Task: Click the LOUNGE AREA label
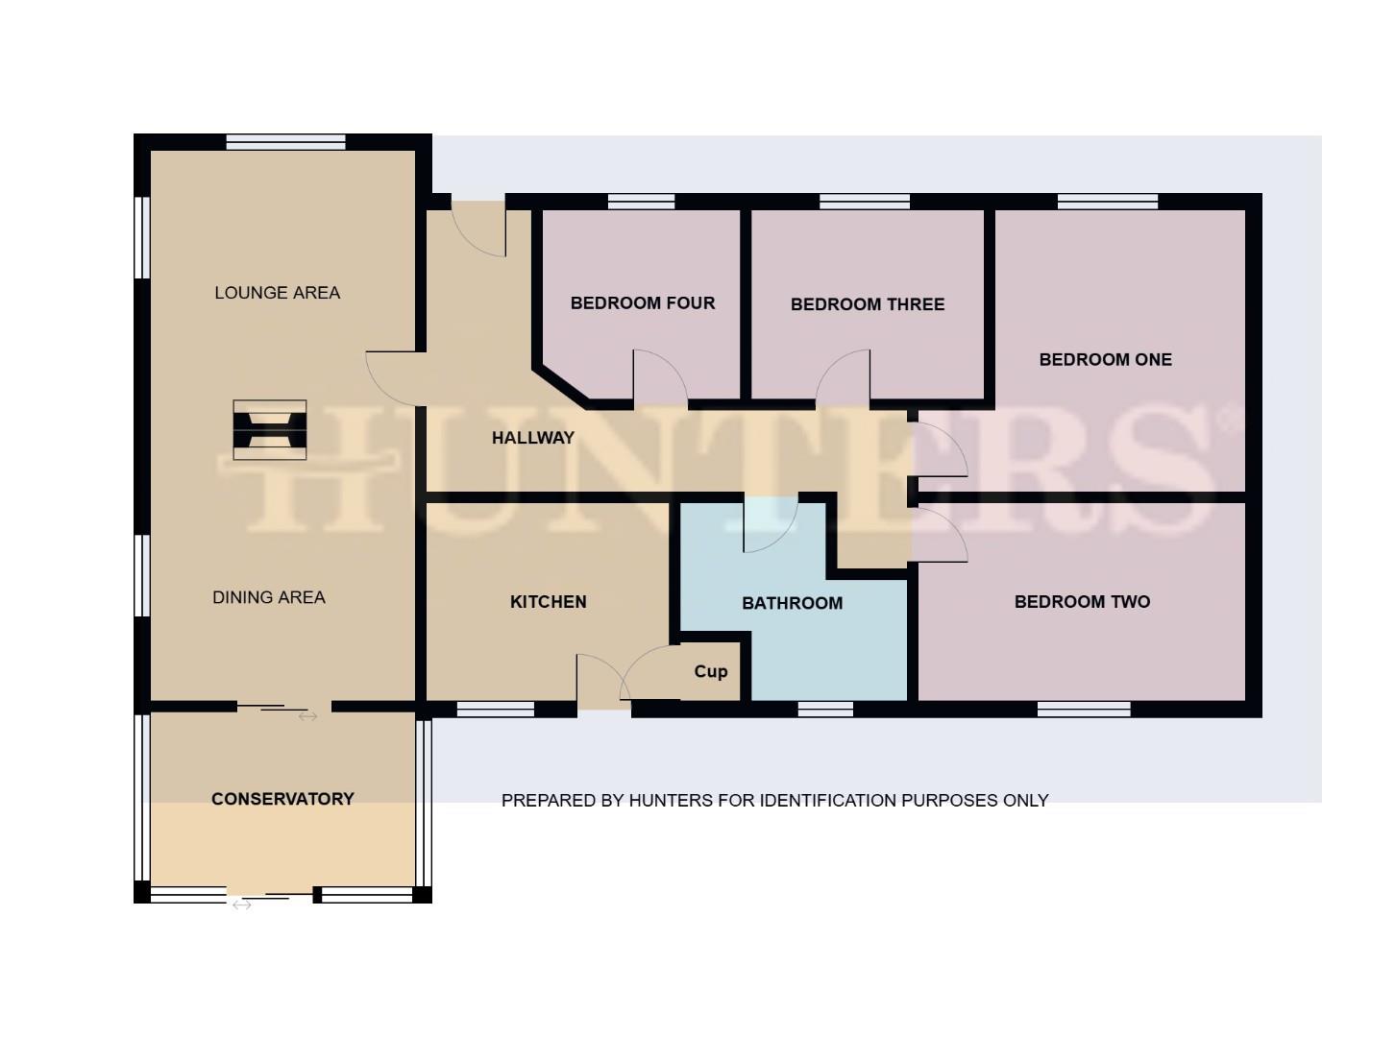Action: (277, 293)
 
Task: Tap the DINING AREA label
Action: (269, 597)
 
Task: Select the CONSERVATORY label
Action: (282, 799)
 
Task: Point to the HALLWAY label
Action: (532, 438)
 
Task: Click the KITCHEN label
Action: (548, 602)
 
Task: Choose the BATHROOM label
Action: (792, 603)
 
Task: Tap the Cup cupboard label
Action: (710, 671)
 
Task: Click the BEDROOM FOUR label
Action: (643, 303)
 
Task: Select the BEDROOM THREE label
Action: (868, 304)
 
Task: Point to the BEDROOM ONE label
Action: (1105, 360)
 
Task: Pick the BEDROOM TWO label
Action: (1082, 602)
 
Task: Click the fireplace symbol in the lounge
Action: (270, 429)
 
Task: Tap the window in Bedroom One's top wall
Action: (1107, 202)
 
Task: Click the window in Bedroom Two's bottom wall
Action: (1084, 710)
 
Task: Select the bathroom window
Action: (825, 710)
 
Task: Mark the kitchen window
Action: (495, 710)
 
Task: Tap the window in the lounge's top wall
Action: (285, 142)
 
